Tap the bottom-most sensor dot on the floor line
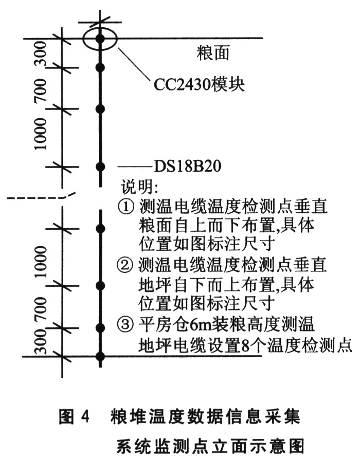[x=101, y=356]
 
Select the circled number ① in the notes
[x=127, y=207]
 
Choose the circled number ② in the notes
[x=127, y=266]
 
